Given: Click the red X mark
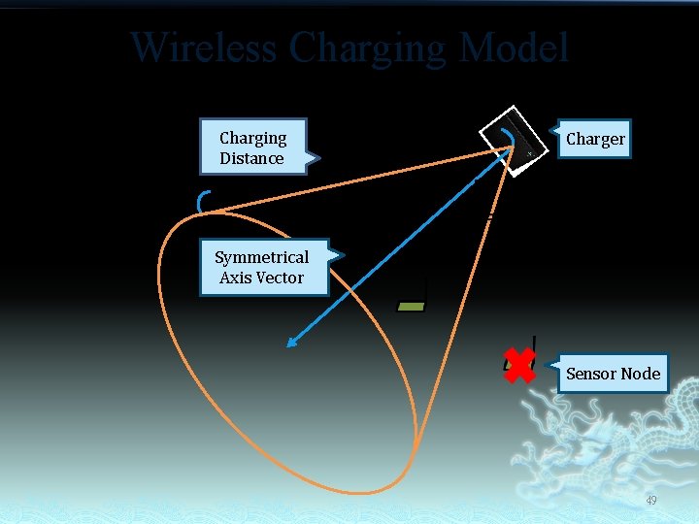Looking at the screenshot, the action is (x=519, y=366).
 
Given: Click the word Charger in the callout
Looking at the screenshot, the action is (x=595, y=139).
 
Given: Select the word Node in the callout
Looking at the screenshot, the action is (x=641, y=374).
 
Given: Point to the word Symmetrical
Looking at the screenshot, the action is (x=261, y=257).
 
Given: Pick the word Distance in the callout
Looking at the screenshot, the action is (x=251, y=158).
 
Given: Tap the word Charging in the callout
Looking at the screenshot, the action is (x=252, y=138).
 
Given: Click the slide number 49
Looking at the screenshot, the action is (x=650, y=501).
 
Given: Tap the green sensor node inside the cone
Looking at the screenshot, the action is (x=412, y=306).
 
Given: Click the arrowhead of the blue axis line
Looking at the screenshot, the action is (x=288, y=343).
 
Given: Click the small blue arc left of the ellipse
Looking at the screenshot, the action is (x=201, y=201).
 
